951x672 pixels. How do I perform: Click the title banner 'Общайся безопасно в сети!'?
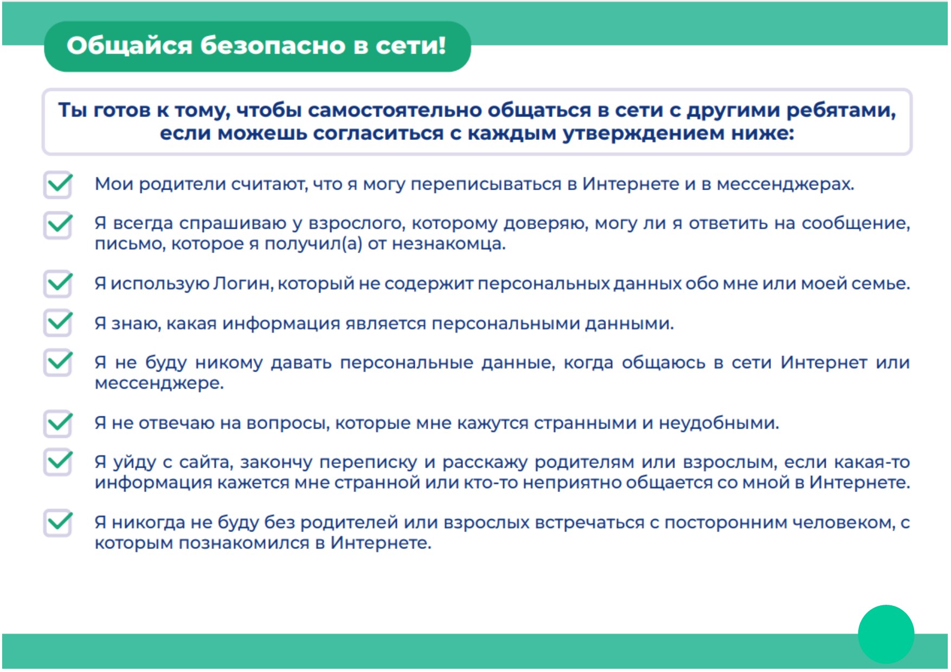tap(257, 47)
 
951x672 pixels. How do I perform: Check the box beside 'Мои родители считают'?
tap(58, 184)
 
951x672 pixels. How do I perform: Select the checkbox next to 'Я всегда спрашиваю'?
tap(58, 224)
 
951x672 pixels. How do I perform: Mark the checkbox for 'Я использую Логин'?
tap(58, 283)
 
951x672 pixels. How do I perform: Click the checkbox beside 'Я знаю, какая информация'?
tap(58, 323)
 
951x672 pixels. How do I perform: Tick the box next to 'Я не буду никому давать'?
tap(58, 362)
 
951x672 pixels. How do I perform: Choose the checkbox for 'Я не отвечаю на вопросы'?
tap(58, 423)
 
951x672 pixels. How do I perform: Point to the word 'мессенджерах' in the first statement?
tap(785, 185)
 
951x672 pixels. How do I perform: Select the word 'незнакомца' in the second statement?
tap(448, 244)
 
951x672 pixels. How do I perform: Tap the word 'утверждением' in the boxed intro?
tap(644, 133)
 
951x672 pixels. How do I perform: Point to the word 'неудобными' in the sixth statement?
tap(718, 423)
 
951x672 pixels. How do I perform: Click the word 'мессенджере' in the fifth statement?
tap(158, 384)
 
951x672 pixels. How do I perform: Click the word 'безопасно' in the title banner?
tap(273, 46)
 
